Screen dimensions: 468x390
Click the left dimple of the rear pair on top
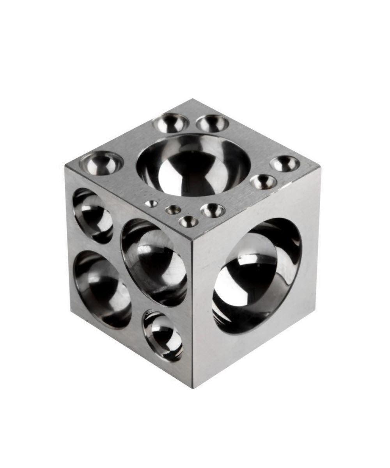tap(171, 123)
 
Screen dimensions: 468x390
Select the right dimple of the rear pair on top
tap(212, 123)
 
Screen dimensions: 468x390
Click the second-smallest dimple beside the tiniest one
tap(173, 210)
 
